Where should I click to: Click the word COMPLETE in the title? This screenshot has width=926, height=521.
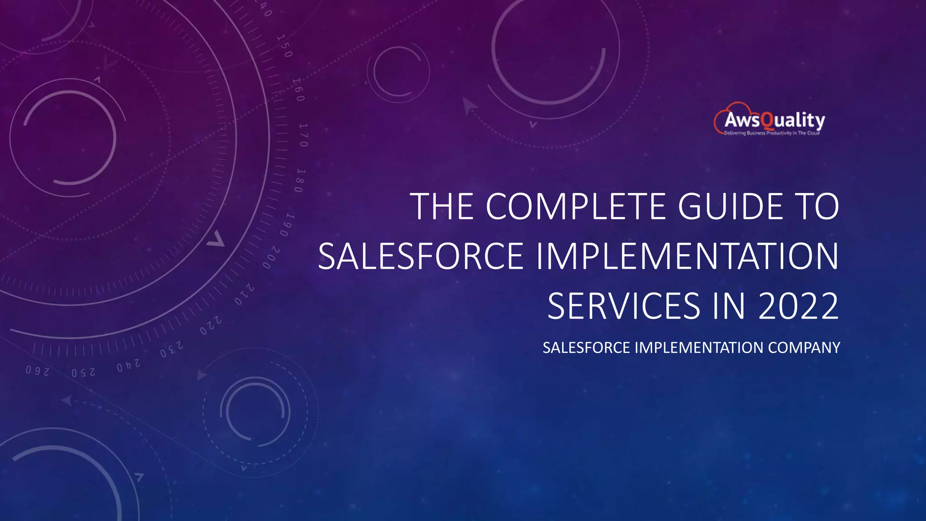click(575, 207)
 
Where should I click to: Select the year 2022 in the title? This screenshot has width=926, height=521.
click(798, 306)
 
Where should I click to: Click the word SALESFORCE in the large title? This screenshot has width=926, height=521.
click(420, 256)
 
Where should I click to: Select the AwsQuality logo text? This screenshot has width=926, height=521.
click(774, 120)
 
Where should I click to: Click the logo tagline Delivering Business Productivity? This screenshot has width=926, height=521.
click(771, 133)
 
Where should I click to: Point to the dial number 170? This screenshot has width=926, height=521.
click(303, 135)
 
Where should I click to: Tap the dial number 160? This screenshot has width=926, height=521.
click(298, 90)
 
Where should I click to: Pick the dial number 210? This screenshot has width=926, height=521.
click(244, 294)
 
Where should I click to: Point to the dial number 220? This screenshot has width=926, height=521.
click(211, 326)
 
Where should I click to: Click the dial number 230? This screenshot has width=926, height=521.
click(171, 350)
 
